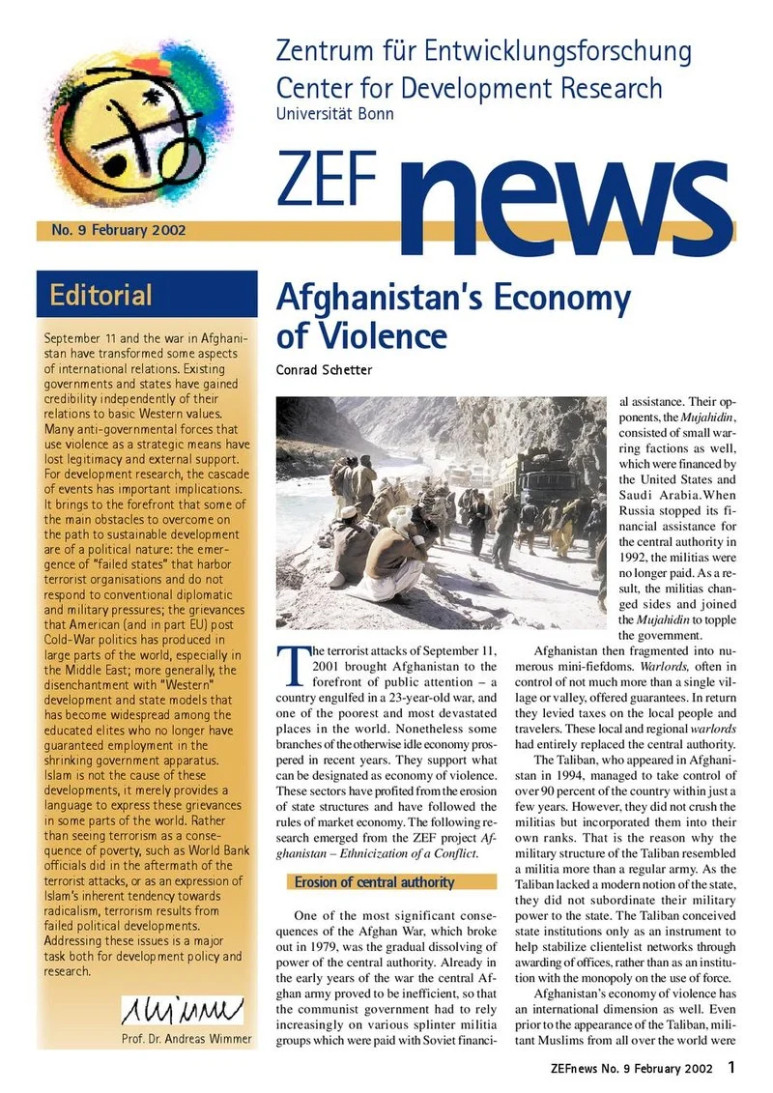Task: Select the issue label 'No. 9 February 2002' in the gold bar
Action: click(112, 231)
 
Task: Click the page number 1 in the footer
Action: click(733, 1067)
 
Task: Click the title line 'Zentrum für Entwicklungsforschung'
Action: click(483, 50)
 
